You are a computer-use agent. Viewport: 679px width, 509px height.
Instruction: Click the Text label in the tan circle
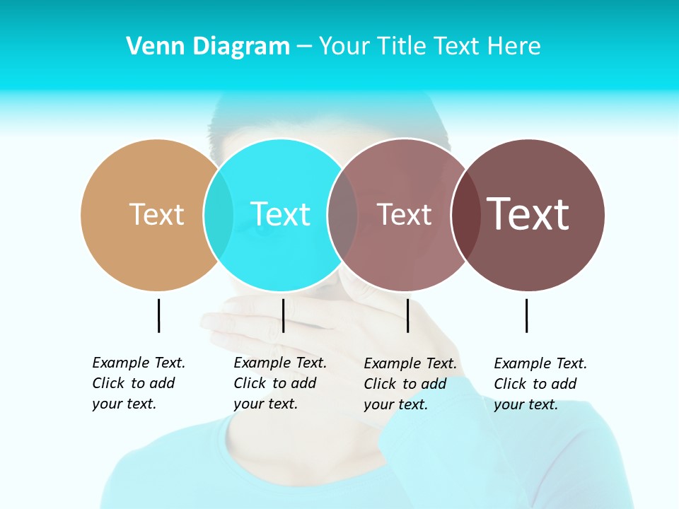pyautogui.click(x=156, y=214)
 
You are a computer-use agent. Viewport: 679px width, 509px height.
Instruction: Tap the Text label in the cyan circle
pyautogui.click(x=280, y=214)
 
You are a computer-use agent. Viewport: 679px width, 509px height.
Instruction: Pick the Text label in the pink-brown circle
pyautogui.click(x=404, y=215)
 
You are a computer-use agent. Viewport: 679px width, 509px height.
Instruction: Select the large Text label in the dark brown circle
pyautogui.click(x=528, y=214)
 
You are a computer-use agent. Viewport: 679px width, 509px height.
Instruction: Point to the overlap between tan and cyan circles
pyautogui.click(x=219, y=214)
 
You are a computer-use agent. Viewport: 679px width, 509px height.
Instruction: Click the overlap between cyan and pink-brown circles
pyautogui.click(x=342, y=214)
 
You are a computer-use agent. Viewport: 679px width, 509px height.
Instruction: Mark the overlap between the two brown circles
pyautogui.click(x=465, y=214)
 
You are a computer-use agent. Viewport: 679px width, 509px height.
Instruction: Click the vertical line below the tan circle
pyautogui.click(x=158, y=315)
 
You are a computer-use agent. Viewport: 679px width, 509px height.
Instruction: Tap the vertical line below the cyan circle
pyautogui.click(x=283, y=315)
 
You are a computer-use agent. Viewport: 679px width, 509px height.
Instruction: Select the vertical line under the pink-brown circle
pyautogui.click(x=407, y=315)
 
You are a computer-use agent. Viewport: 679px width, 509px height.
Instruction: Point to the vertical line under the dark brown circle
pyautogui.click(x=526, y=315)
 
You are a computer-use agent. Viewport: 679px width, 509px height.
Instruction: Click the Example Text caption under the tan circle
pyautogui.click(x=139, y=383)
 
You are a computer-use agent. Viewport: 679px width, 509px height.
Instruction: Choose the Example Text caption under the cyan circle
pyautogui.click(x=280, y=383)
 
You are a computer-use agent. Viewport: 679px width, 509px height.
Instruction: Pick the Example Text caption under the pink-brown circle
pyautogui.click(x=410, y=384)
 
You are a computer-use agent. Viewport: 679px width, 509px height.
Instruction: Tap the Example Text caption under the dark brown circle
pyautogui.click(x=540, y=384)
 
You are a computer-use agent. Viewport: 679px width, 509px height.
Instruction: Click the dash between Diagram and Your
pyautogui.click(x=304, y=47)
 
